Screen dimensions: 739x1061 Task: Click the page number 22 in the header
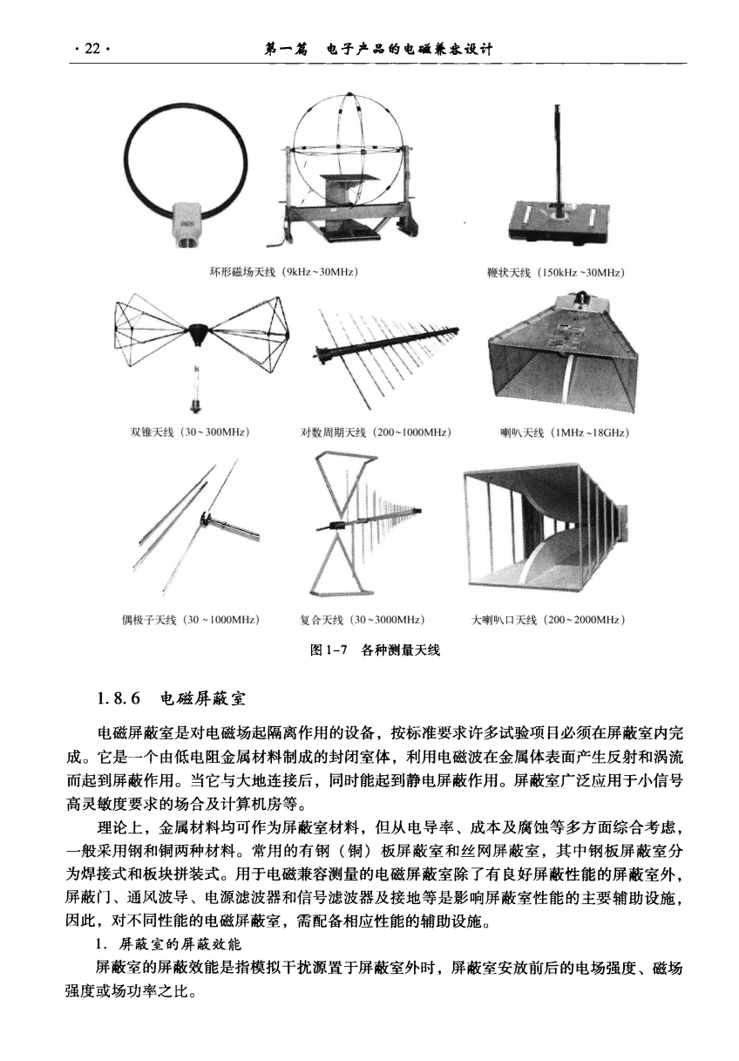coord(92,49)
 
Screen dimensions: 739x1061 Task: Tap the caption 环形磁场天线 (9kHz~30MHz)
coord(284,272)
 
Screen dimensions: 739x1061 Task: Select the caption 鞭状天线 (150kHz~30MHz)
coord(555,273)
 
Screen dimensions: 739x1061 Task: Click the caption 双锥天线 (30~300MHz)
coord(190,432)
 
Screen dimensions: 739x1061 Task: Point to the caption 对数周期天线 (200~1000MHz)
coord(376,432)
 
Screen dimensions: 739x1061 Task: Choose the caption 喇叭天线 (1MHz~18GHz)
coord(565,432)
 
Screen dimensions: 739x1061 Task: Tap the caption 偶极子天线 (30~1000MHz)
coord(191,620)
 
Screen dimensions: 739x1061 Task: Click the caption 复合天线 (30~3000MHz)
coord(363,620)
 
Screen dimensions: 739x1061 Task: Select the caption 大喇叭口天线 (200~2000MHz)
coord(548,620)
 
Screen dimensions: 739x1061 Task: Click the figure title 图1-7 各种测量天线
coord(375,650)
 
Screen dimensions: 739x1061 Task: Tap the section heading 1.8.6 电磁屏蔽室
coord(172,698)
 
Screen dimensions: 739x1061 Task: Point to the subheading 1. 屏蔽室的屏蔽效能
coord(168,944)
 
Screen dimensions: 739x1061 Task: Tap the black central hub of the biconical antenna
coord(199,333)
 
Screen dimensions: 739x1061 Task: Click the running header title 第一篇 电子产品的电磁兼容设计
coord(378,49)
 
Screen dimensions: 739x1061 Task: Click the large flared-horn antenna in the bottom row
coord(546,529)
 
